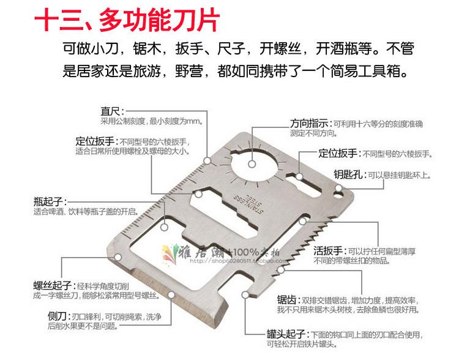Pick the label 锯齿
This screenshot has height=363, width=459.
tap(287, 301)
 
